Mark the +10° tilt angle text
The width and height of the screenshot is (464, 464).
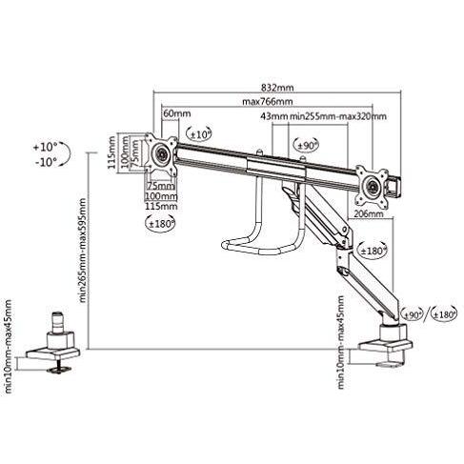click(44, 148)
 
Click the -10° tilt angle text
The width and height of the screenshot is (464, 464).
click(44, 162)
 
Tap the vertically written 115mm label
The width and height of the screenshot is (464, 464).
click(111, 151)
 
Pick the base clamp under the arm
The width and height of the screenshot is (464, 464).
click(392, 342)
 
